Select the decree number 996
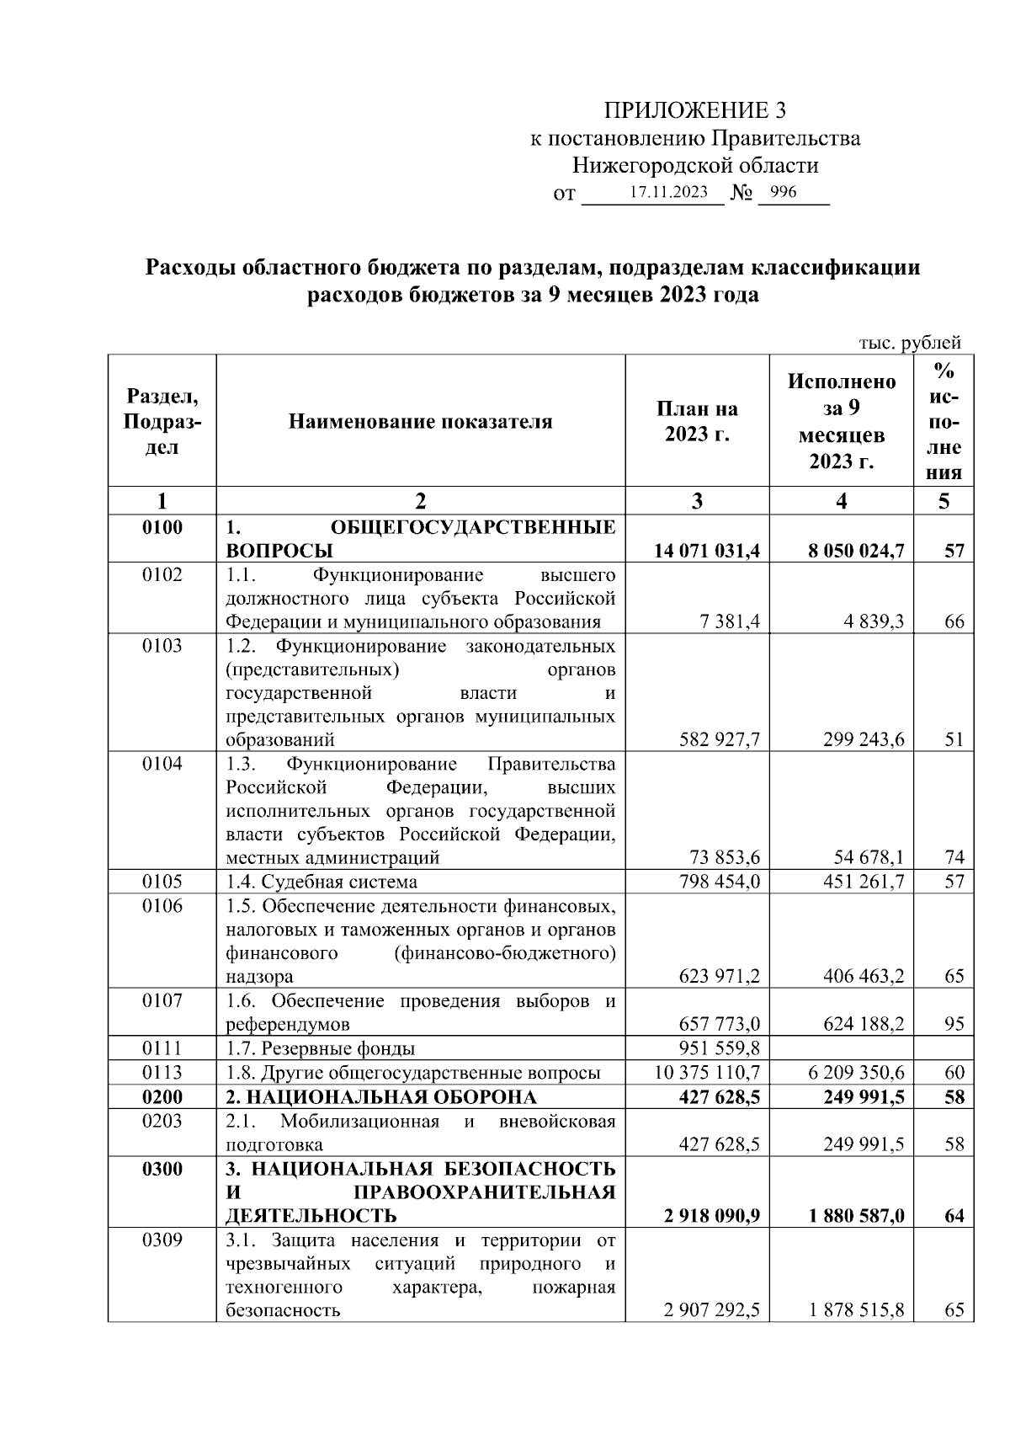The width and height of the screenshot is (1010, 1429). coord(783,192)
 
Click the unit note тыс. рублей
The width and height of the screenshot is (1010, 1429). coord(909,343)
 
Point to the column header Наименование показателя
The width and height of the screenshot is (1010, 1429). coord(420,421)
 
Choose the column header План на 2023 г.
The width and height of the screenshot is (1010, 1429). coord(697,421)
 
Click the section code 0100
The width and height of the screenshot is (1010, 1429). coord(162,528)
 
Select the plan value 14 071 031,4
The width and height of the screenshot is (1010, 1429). coord(707,552)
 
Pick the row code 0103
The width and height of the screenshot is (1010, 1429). coord(162,646)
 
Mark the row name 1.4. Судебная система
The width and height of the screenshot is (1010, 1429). coord(322,882)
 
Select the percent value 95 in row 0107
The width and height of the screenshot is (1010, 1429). coord(954,1025)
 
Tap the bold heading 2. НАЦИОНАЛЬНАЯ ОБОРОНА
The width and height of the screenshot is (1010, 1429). coord(380,1097)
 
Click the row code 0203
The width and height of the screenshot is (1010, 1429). coord(162,1121)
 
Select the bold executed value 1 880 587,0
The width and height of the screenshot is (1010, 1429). coord(856,1216)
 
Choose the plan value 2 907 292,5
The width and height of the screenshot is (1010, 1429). coord(711,1310)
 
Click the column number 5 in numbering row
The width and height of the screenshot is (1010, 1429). coord(944,502)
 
